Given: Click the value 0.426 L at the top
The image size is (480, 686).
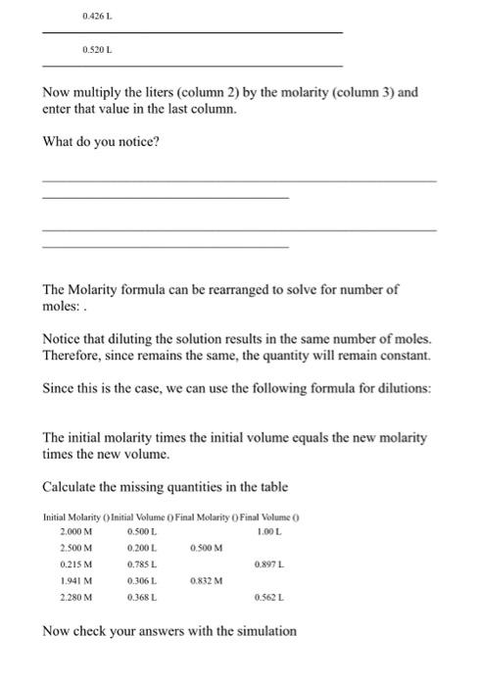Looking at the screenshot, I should [98, 17].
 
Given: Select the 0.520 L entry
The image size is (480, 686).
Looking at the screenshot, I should [98, 47].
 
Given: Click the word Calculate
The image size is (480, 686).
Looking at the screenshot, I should [74, 486].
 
